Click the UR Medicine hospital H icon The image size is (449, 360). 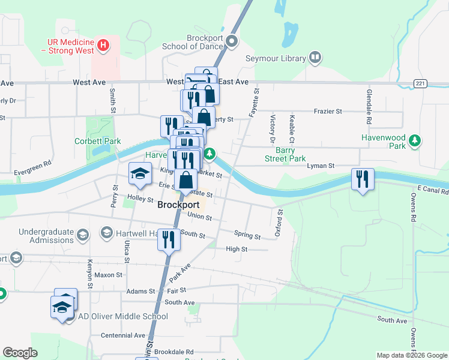click(103, 44)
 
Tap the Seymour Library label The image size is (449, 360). click(276, 58)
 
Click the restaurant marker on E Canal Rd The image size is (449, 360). click(362, 179)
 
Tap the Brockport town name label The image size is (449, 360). click(178, 204)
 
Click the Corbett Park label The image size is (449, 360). click(97, 142)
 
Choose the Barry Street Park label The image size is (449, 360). click(286, 155)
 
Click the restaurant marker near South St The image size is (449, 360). click(168, 239)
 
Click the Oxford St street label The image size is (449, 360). click(279, 222)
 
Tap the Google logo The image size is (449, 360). click(20, 353)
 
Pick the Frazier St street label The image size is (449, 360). click(327, 111)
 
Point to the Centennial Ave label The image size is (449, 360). click(123, 335)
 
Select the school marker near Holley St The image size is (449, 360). click(140, 173)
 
